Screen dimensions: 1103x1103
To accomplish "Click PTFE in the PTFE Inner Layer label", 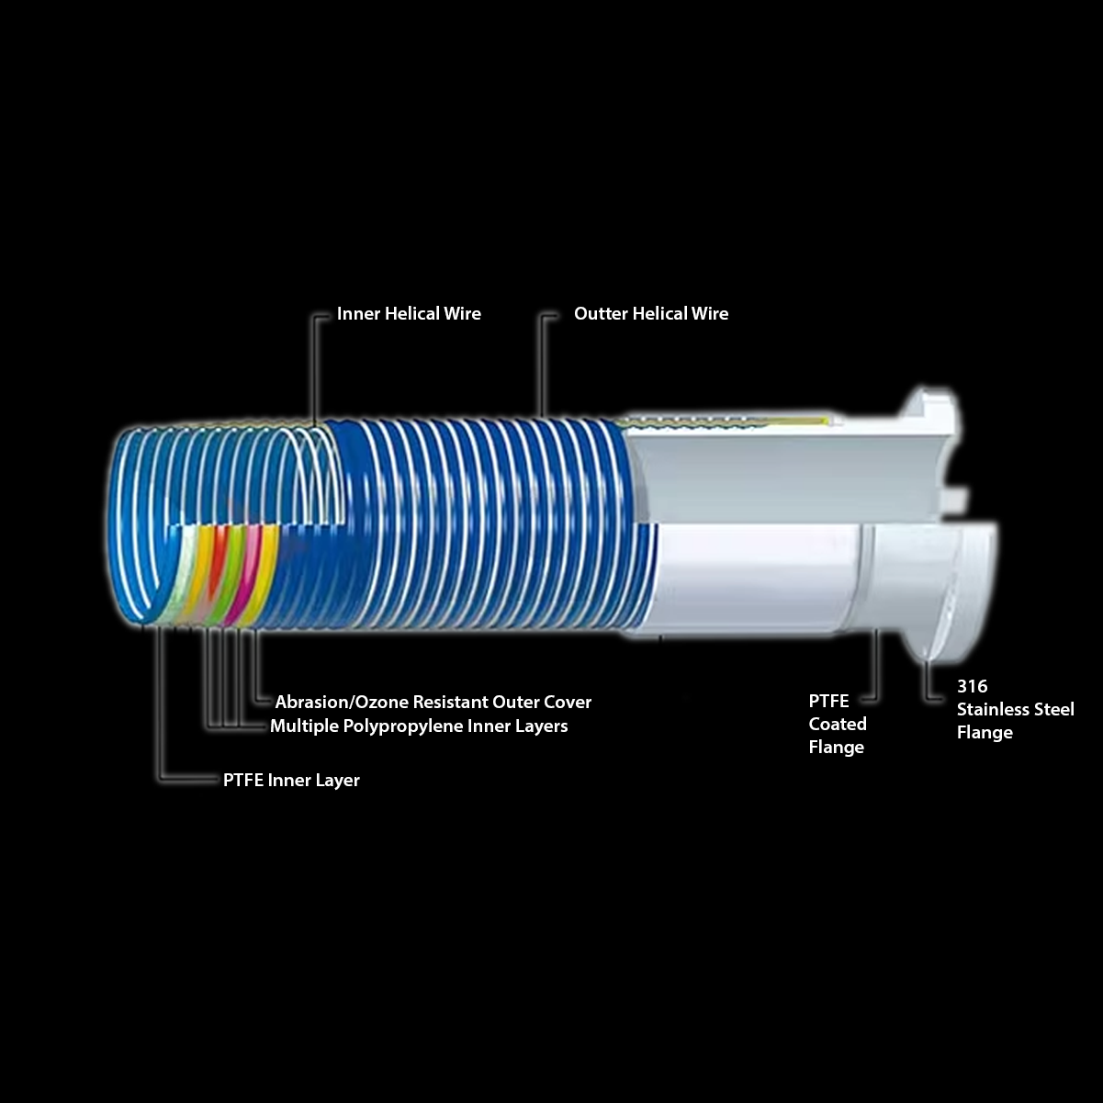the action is point(242,781).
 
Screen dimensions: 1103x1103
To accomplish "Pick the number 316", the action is point(972,686).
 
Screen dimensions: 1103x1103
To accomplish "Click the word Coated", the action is point(837,724).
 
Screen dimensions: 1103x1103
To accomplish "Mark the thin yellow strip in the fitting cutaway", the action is point(726,422).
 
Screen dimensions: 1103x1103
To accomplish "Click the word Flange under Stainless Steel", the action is point(985,733).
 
